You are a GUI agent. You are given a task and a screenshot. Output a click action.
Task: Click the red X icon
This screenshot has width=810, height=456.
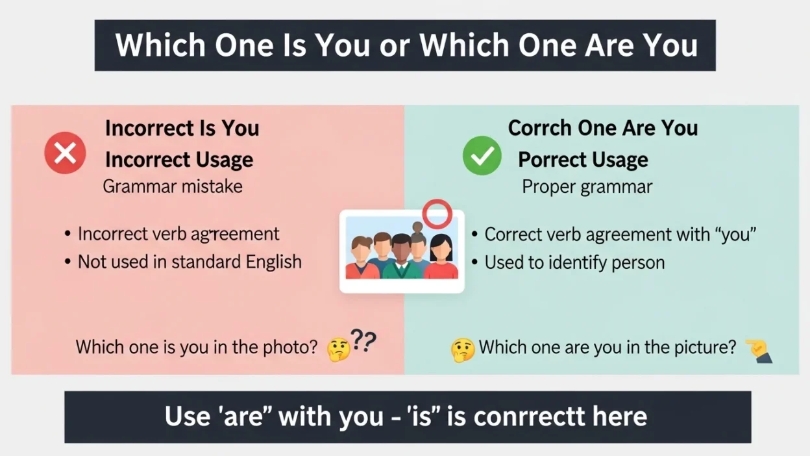point(65,153)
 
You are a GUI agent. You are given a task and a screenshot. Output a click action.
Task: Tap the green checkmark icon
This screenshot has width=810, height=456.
point(482,156)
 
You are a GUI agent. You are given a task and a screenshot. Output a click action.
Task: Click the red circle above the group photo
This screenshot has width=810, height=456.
point(437,214)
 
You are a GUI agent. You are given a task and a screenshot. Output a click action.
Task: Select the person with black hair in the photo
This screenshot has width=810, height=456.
point(441,256)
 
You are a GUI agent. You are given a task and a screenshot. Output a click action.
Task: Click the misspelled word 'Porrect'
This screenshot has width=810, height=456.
point(543,160)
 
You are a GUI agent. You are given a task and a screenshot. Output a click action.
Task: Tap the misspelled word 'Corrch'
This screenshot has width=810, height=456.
point(539,128)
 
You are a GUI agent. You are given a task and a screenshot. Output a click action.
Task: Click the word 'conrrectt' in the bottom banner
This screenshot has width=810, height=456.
point(529,416)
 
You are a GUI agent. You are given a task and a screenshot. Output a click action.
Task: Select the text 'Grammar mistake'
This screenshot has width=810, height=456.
point(173,186)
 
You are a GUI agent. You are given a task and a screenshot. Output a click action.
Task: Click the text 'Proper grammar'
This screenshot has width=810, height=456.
point(587,187)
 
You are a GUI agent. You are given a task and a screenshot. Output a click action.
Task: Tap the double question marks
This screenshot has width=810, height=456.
point(363,340)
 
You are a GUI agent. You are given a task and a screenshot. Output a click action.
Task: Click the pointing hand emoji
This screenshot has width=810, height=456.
point(759,350)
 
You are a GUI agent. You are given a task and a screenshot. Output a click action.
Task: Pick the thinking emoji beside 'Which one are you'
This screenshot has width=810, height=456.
point(463,350)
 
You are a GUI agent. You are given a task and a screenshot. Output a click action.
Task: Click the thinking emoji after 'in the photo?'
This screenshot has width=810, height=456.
point(338,350)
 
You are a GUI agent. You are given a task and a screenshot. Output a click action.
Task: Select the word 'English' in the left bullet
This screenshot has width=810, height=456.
point(273,262)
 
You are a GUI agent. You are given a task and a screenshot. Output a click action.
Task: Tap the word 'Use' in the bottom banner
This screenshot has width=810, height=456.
point(188,416)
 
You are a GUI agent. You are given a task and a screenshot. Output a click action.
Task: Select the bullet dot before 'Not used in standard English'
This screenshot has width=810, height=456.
point(67,262)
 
